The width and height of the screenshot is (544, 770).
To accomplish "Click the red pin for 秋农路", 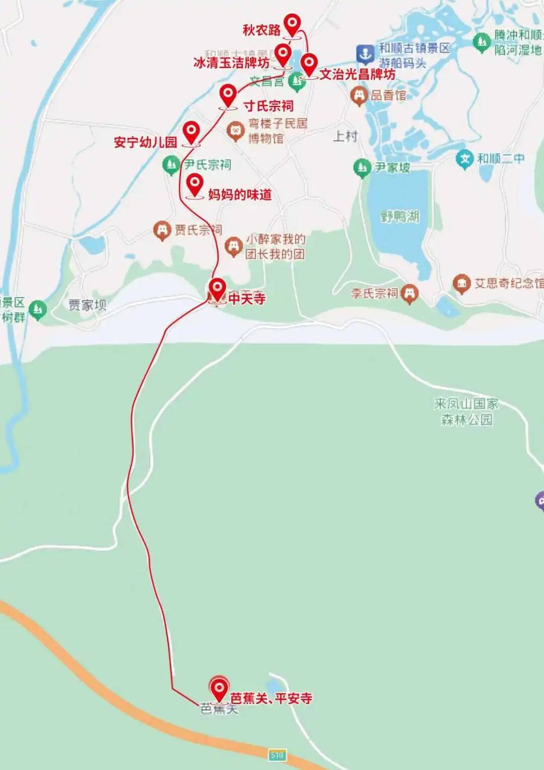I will [x=293, y=24].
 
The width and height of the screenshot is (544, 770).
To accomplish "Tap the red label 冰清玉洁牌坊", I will [x=231, y=63].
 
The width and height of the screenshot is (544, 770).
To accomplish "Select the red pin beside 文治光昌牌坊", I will [x=309, y=64].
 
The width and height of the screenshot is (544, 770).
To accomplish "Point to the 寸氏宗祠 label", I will [x=268, y=105].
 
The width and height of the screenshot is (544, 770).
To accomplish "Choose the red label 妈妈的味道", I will [x=240, y=194].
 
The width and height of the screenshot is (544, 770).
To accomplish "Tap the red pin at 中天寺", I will [x=218, y=288].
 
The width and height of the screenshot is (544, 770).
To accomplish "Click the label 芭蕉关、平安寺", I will [x=271, y=698].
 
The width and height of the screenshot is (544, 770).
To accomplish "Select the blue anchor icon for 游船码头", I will [x=364, y=54].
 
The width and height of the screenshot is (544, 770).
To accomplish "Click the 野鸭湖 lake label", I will [x=400, y=217].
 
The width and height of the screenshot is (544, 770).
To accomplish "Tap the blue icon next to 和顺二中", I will [x=465, y=159].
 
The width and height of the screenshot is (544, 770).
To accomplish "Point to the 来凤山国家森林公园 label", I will [x=466, y=411].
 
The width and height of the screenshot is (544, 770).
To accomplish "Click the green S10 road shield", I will [x=277, y=755].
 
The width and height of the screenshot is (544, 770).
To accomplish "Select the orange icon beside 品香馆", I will [x=359, y=96].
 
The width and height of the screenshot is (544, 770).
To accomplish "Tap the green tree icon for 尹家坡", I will [x=362, y=168].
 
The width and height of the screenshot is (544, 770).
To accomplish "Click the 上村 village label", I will [x=345, y=136].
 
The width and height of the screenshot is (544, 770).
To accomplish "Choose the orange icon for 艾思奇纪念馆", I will [x=462, y=283].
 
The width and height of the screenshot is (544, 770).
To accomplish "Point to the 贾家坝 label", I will [x=87, y=305].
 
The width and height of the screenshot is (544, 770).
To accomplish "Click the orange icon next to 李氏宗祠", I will [x=409, y=294].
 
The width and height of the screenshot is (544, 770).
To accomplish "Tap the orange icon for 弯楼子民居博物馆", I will [x=236, y=131].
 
